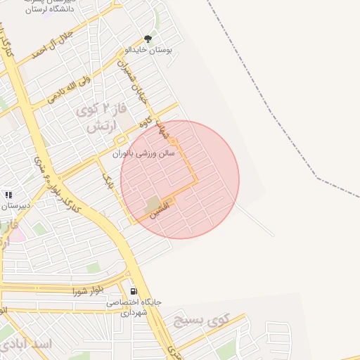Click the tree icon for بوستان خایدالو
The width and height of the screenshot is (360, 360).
148,39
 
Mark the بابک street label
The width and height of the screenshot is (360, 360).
108,182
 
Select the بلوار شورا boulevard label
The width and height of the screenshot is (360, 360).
88,290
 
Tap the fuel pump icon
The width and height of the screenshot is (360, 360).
133,291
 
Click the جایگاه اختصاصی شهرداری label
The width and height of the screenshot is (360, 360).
134,307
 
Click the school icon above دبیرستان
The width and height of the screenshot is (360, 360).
8,195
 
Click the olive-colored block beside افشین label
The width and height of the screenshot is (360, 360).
152,205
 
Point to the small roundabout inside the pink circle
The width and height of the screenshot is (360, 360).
173,143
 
